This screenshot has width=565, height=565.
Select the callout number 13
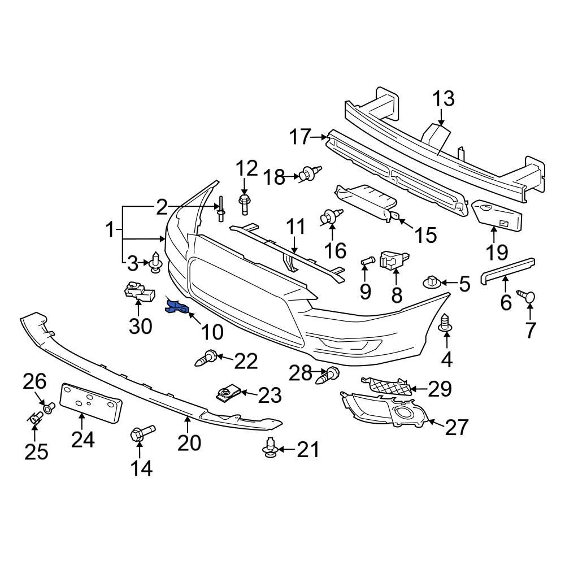pyautogui.click(x=444, y=98)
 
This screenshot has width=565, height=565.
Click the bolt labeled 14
pyautogui.click(x=139, y=436)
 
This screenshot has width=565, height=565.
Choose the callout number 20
pyautogui.click(x=189, y=442)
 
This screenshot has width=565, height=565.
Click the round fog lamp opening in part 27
pyautogui.click(x=405, y=414)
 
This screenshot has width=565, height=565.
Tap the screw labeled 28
pyautogui.click(x=328, y=375)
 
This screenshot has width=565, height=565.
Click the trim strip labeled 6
pyautogui.click(x=507, y=271)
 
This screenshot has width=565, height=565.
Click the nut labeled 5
pyautogui.click(x=432, y=280)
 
